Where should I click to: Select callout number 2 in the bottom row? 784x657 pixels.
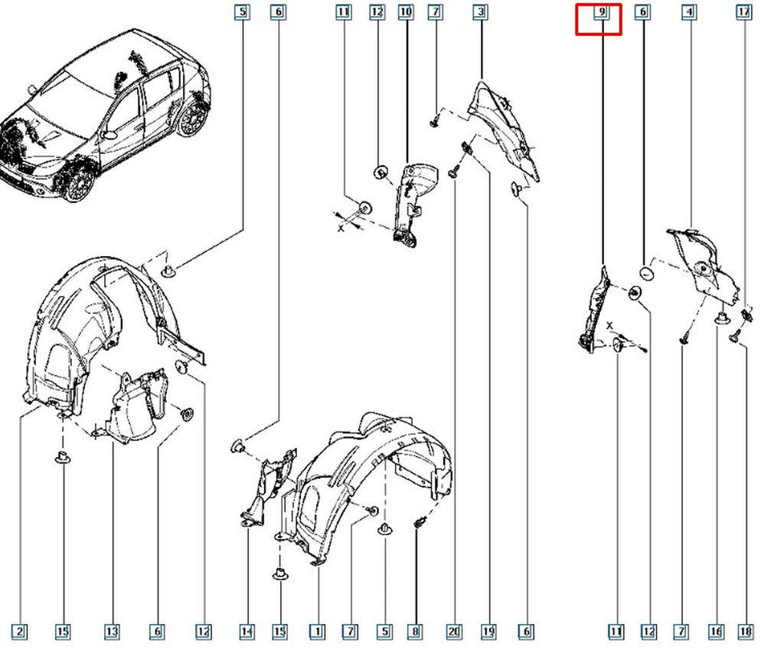tap(19, 632)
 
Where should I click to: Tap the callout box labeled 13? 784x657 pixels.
tap(112, 632)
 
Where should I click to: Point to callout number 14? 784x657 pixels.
tap(247, 632)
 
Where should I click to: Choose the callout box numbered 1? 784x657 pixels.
tap(317, 632)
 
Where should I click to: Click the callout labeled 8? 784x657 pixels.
tap(415, 632)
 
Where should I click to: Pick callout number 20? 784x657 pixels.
tap(454, 632)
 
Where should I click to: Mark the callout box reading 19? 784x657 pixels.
tap(488, 632)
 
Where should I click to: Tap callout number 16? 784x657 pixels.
tap(716, 632)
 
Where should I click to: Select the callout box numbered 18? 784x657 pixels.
tap(746, 632)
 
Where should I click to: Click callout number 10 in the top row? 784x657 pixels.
tap(406, 11)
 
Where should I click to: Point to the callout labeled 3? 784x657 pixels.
tap(481, 11)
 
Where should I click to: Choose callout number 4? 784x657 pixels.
tap(690, 11)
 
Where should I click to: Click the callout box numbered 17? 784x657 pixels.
tap(744, 11)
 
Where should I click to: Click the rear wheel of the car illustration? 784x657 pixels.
tap(192, 119)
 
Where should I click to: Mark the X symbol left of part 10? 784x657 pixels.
tap(341, 228)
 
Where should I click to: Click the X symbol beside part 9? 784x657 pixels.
tap(609, 326)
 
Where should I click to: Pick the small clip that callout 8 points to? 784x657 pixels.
tap(419, 524)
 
